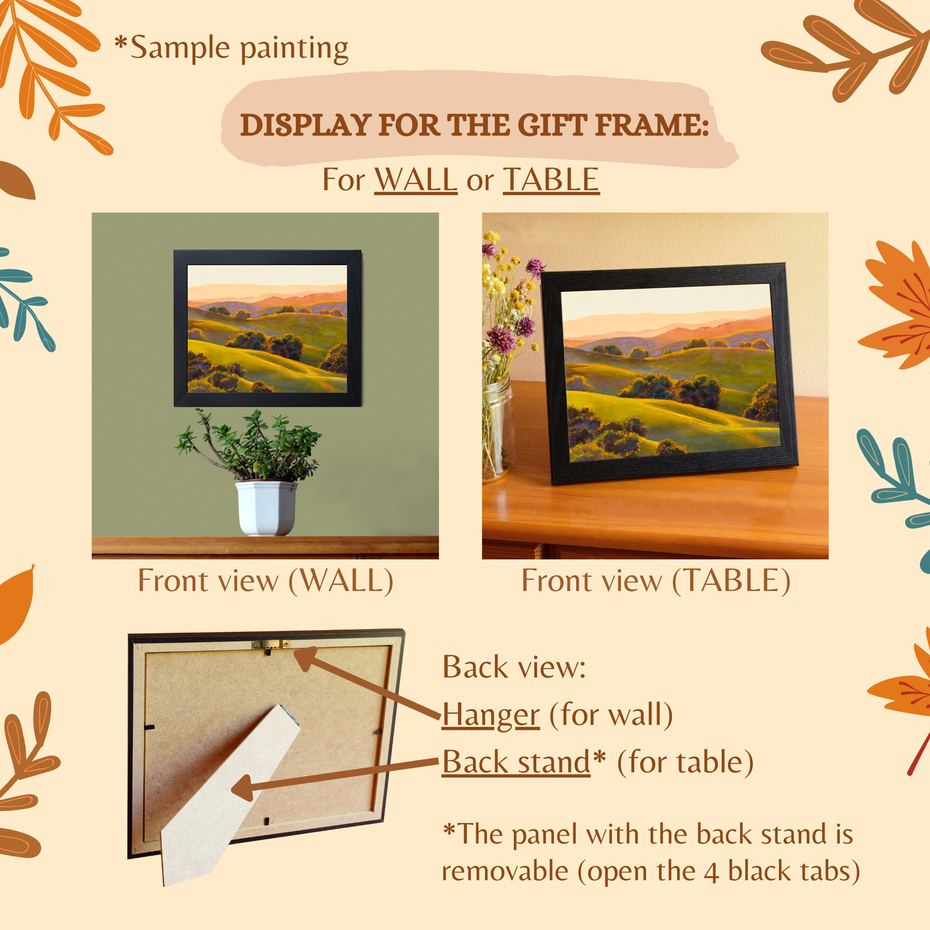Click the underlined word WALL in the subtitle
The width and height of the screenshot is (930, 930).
tap(416, 179)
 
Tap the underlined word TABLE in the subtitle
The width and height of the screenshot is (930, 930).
tap(551, 179)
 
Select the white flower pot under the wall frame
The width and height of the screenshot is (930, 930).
tap(266, 508)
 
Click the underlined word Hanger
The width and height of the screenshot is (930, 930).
tap(491, 715)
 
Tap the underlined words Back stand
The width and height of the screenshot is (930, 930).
tap(516, 763)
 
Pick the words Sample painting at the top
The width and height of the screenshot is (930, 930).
tap(239, 48)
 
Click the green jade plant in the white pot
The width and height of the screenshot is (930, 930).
tap(248, 445)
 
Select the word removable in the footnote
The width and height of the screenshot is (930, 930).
tap(505, 871)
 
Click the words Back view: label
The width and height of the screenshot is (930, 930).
tap(514, 667)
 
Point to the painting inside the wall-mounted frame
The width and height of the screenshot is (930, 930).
tap(267, 329)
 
